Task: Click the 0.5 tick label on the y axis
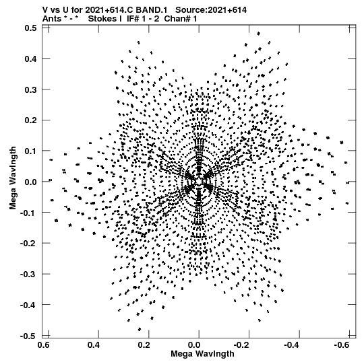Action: click(31, 28)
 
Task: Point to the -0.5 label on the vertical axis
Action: click(28, 336)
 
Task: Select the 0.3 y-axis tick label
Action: click(31, 89)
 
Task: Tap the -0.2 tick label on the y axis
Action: click(28, 244)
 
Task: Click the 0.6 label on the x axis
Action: click(43, 345)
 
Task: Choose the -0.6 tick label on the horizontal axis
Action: click(342, 345)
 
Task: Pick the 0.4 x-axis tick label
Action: click(94, 345)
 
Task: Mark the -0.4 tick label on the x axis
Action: click(291, 345)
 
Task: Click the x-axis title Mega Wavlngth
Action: click(202, 354)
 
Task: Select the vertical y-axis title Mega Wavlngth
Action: click(13, 178)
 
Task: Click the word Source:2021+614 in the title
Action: click(211, 10)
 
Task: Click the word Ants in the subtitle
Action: click(52, 19)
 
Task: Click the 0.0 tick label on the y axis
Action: click(31, 182)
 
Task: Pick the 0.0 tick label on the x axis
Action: click(194, 345)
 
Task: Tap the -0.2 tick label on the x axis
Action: click(241, 345)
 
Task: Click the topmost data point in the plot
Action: click(258, 34)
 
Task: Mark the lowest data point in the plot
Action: click(140, 329)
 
